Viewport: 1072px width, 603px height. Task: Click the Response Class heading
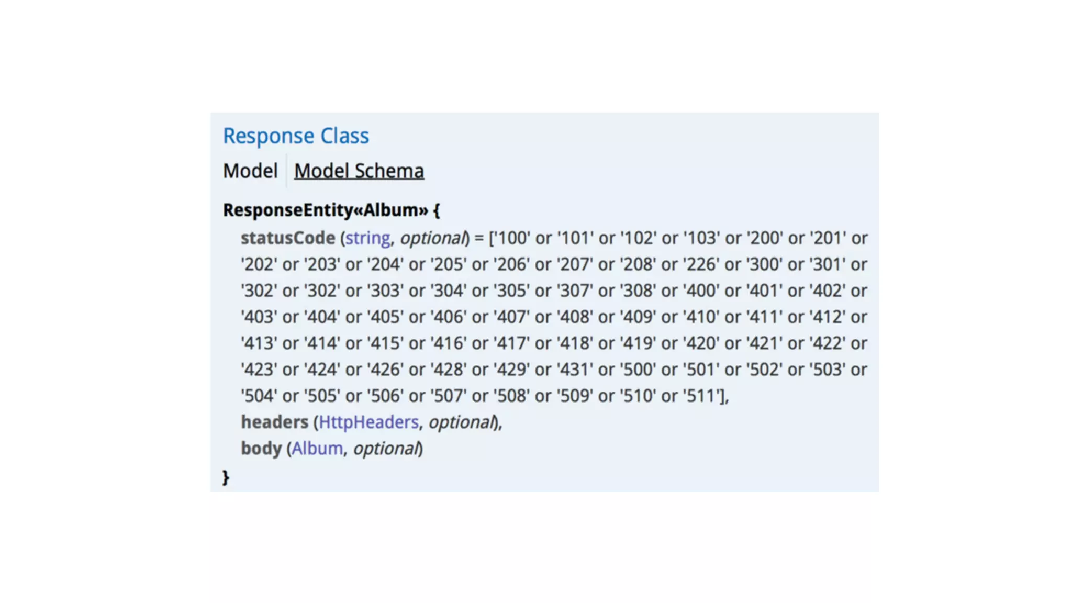pyautogui.click(x=296, y=136)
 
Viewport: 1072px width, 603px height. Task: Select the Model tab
pyautogui.click(x=250, y=171)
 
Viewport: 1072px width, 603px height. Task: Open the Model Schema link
pyautogui.click(x=359, y=171)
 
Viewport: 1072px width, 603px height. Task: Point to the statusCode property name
pyautogui.click(x=287, y=238)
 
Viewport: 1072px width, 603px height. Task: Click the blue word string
pyautogui.click(x=367, y=238)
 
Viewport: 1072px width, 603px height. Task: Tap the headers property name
pyautogui.click(x=274, y=422)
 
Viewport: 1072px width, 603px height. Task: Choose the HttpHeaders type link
pyautogui.click(x=368, y=422)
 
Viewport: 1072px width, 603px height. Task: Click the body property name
pyautogui.click(x=261, y=449)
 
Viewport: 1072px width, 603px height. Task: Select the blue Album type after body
pyautogui.click(x=317, y=449)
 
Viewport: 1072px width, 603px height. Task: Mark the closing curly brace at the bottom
pyautogui.click(x=226, y=477)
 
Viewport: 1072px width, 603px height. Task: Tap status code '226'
pyautogui.click(x=701, y=264)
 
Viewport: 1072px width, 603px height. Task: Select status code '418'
pyautogui.click(x=575, y=343)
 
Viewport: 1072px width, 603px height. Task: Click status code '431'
pyautogui.click(x=575, y=370)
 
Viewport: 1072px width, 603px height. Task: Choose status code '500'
pyautogui.click(x=638, y=370)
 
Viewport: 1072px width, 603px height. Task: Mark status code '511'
pyautogui.click(x=701, y=396)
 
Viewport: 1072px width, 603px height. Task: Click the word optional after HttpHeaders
pyautogui.click(x=461, y=422)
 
